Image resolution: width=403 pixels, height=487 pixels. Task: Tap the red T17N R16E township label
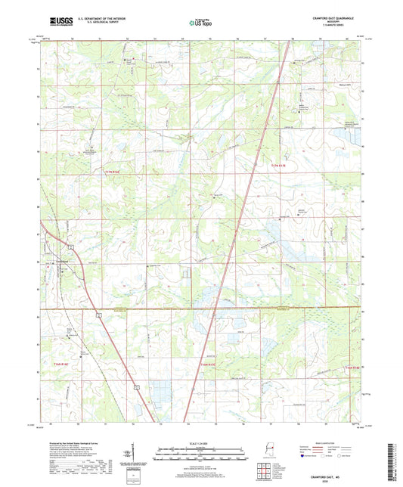(x=111, y=173)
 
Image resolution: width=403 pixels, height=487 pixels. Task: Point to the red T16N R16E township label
(x=66, y=364)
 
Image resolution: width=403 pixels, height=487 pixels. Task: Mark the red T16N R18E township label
(x=354, y=367)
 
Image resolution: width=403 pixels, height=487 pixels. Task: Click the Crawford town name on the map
(x=64, y=261)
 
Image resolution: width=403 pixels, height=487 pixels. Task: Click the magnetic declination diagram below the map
(x=132, y=446)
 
